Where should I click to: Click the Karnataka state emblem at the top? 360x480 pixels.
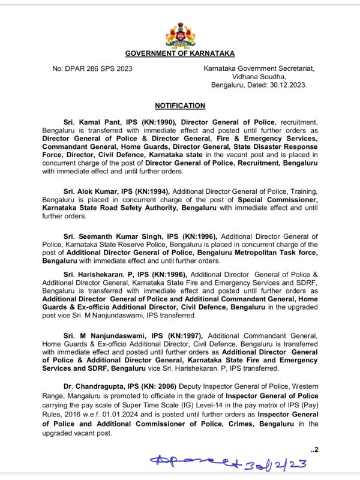point(180,35)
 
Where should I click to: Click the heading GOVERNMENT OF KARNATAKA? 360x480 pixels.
point(180,54)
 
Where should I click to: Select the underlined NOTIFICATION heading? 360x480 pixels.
point(180,106)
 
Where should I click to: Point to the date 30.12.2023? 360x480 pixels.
point(287,85)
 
